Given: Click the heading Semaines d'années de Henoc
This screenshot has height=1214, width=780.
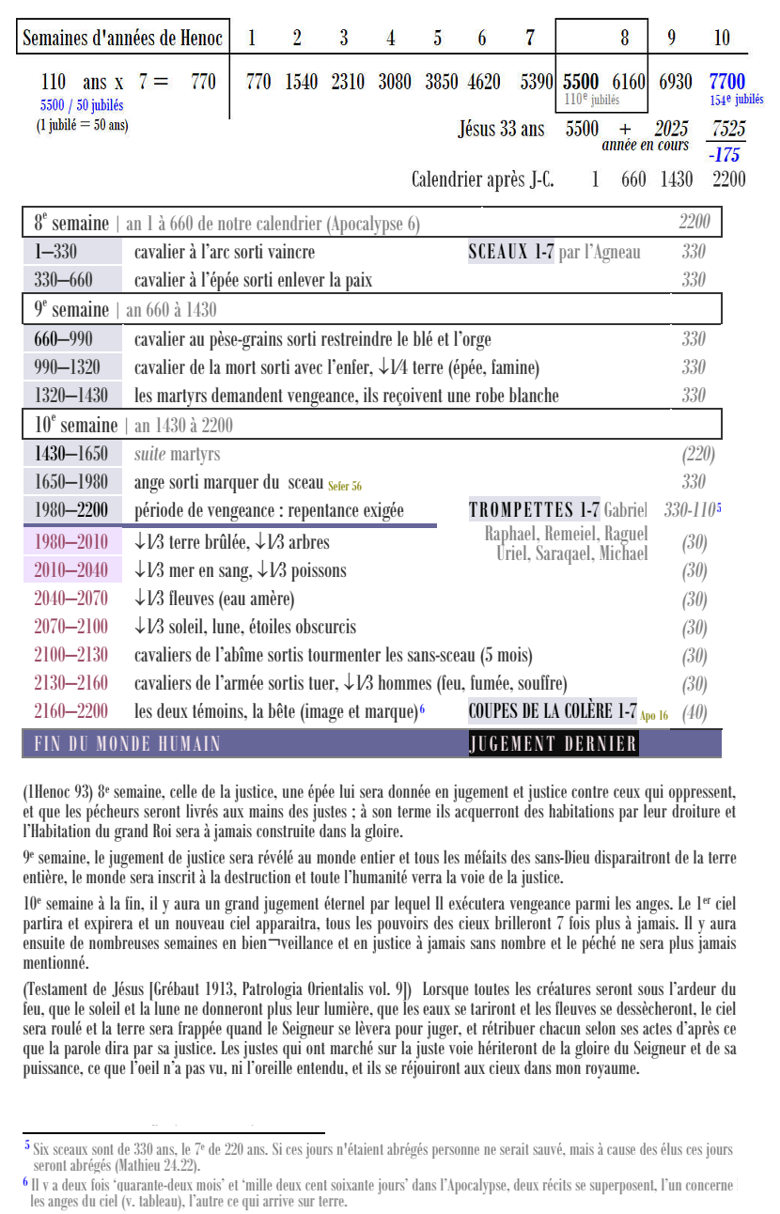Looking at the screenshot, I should (122, 39).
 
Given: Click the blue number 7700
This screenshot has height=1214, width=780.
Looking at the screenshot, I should (727, 82).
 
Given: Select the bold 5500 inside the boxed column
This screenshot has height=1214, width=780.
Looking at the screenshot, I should (581, 82).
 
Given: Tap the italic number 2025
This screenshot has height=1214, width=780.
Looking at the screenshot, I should (671, 129).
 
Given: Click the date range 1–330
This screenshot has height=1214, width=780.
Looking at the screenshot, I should (55, 252).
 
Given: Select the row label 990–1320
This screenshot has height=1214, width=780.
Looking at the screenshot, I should (67, 366).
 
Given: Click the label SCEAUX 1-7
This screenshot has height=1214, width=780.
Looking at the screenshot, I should (510, 252).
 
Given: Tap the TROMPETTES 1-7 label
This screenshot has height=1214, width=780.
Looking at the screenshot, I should (533, 510).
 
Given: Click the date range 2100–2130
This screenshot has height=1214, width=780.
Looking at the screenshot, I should (70, 655).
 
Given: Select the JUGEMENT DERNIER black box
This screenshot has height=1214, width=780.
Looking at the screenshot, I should (553, 744).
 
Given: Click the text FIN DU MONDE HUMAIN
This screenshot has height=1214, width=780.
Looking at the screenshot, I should (127, 744).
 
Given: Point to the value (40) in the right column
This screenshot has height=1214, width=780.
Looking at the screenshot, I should (694, 712).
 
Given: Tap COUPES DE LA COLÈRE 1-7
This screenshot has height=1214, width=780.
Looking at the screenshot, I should (553, 711).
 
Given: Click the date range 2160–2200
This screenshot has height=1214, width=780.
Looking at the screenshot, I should (70, 711).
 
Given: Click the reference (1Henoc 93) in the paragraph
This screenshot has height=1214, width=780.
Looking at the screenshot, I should (57, 792).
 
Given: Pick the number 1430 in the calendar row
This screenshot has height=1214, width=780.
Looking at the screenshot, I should (677, 179).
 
